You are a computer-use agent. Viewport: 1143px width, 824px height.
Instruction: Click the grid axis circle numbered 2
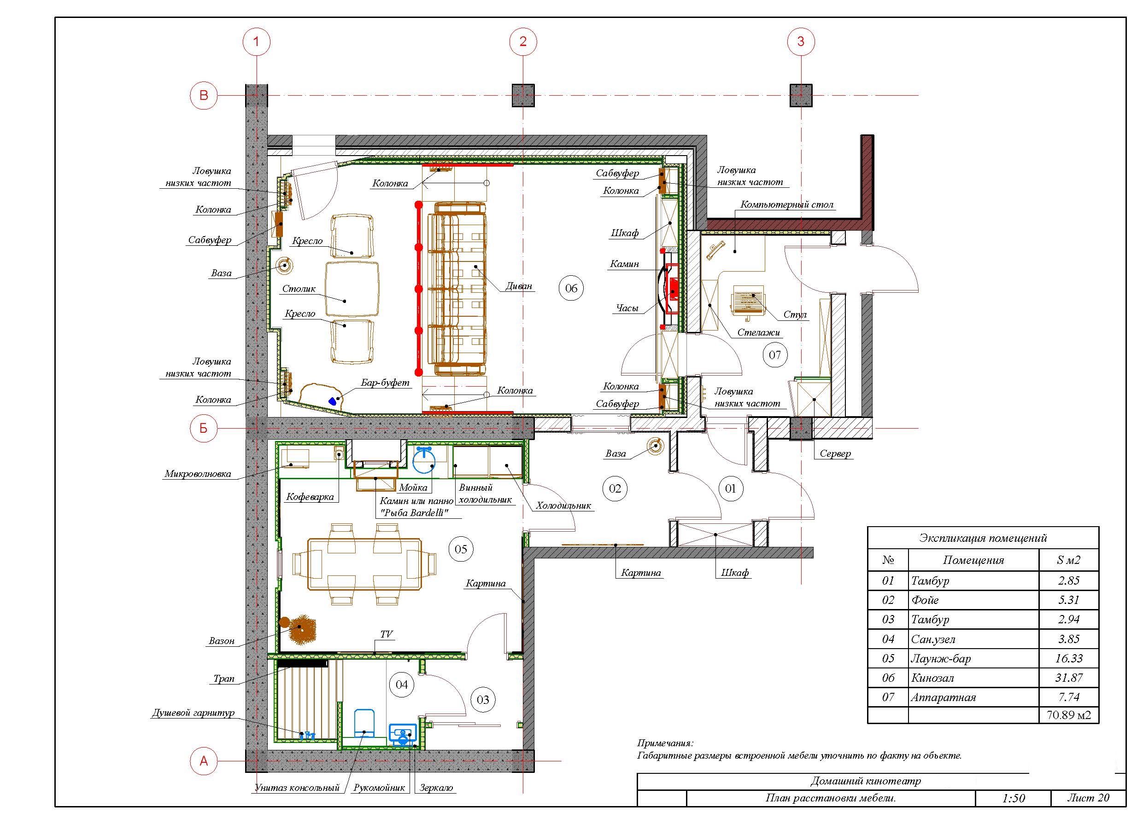coord(522,41)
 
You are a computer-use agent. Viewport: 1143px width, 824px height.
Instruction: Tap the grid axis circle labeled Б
coord(204,428)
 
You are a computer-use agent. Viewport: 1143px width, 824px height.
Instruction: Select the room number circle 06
coord(571,288)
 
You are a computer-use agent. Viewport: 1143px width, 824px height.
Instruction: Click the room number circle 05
coord(461,549)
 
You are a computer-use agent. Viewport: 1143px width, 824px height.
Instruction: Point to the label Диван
coord(519,286)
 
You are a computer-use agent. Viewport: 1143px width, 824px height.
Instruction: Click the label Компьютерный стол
coord(787,204)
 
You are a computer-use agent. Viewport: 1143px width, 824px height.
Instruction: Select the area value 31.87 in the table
coord(1068,678)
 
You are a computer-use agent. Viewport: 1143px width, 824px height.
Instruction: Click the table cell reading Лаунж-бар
coord(940,658)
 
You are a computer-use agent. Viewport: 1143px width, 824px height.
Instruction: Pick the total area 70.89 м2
coord(1068,715)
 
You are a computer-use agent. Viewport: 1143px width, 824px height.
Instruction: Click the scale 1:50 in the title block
coord(1014,798)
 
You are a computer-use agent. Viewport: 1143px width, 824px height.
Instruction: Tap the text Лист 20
coord(1088,797)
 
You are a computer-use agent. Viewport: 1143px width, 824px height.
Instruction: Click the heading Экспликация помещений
coord(983,538)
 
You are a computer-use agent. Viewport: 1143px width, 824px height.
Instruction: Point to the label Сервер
coord(835,453)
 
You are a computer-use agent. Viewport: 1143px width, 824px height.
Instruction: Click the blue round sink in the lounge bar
coord(424,459)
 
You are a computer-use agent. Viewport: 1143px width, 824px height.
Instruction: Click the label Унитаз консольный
coord(297,788)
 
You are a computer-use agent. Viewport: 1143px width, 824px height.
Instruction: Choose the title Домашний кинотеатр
coord(866,781)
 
